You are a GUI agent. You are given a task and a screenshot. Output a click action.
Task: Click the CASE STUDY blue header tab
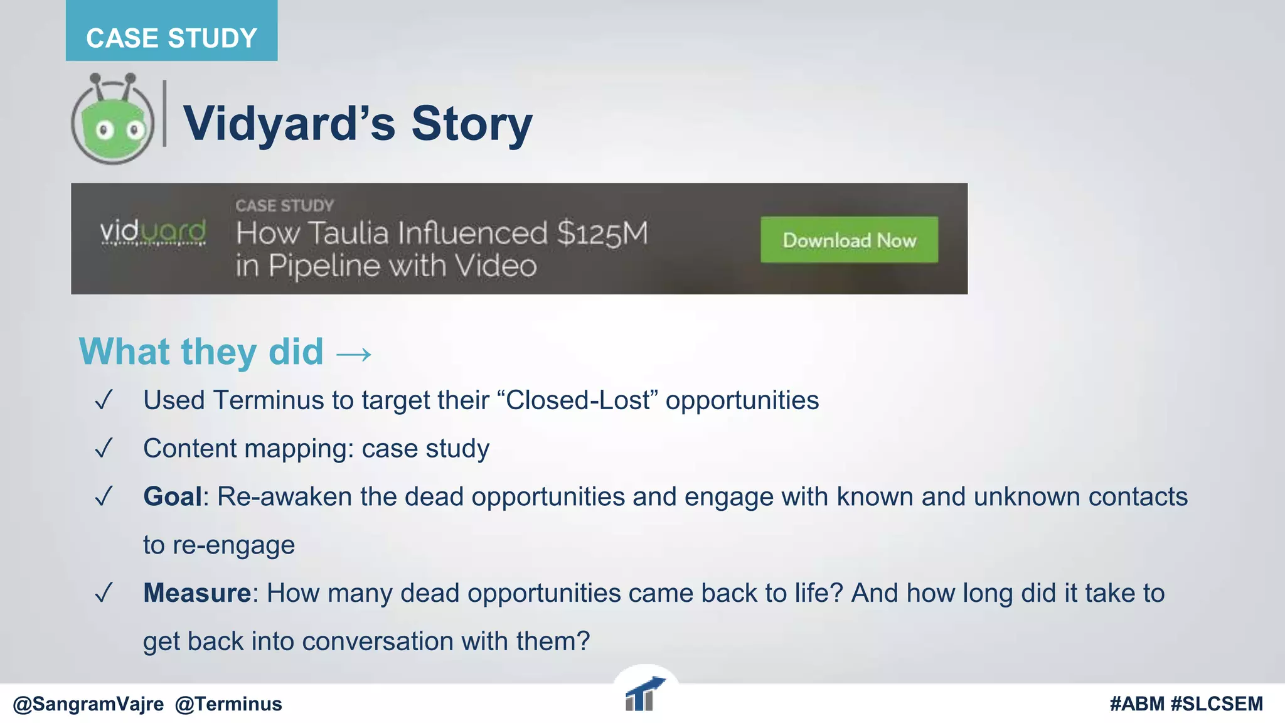tap(171, 37)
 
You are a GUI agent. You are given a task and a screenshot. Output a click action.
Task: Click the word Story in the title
tap(471, 124)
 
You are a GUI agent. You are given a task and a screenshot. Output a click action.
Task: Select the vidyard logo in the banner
tap(153, 232)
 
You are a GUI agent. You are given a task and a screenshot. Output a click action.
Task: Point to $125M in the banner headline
tap(602, 233)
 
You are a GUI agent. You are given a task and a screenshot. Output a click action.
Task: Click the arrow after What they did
tap(354, 355)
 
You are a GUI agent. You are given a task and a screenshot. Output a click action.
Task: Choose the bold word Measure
tap(197, 593)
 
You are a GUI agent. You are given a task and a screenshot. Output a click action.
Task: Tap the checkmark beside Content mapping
tap(104, 448)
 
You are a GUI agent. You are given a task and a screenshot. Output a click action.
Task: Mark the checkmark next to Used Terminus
tap(104, 400)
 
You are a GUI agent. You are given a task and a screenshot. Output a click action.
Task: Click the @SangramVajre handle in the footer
tap(88, 704)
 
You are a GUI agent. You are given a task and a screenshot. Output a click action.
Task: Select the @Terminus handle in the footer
tap(228, 704)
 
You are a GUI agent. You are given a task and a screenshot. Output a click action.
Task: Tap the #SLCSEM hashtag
tap(1217, 704)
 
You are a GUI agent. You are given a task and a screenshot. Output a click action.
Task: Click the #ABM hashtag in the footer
tap(1136, 704)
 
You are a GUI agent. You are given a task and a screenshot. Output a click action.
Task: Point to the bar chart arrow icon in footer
tap(644, 695)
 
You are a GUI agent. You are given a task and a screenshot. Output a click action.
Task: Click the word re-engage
tap(233, 545)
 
